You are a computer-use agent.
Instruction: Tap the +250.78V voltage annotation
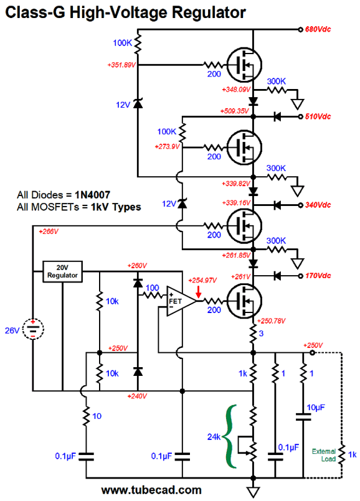tap(272, 321)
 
